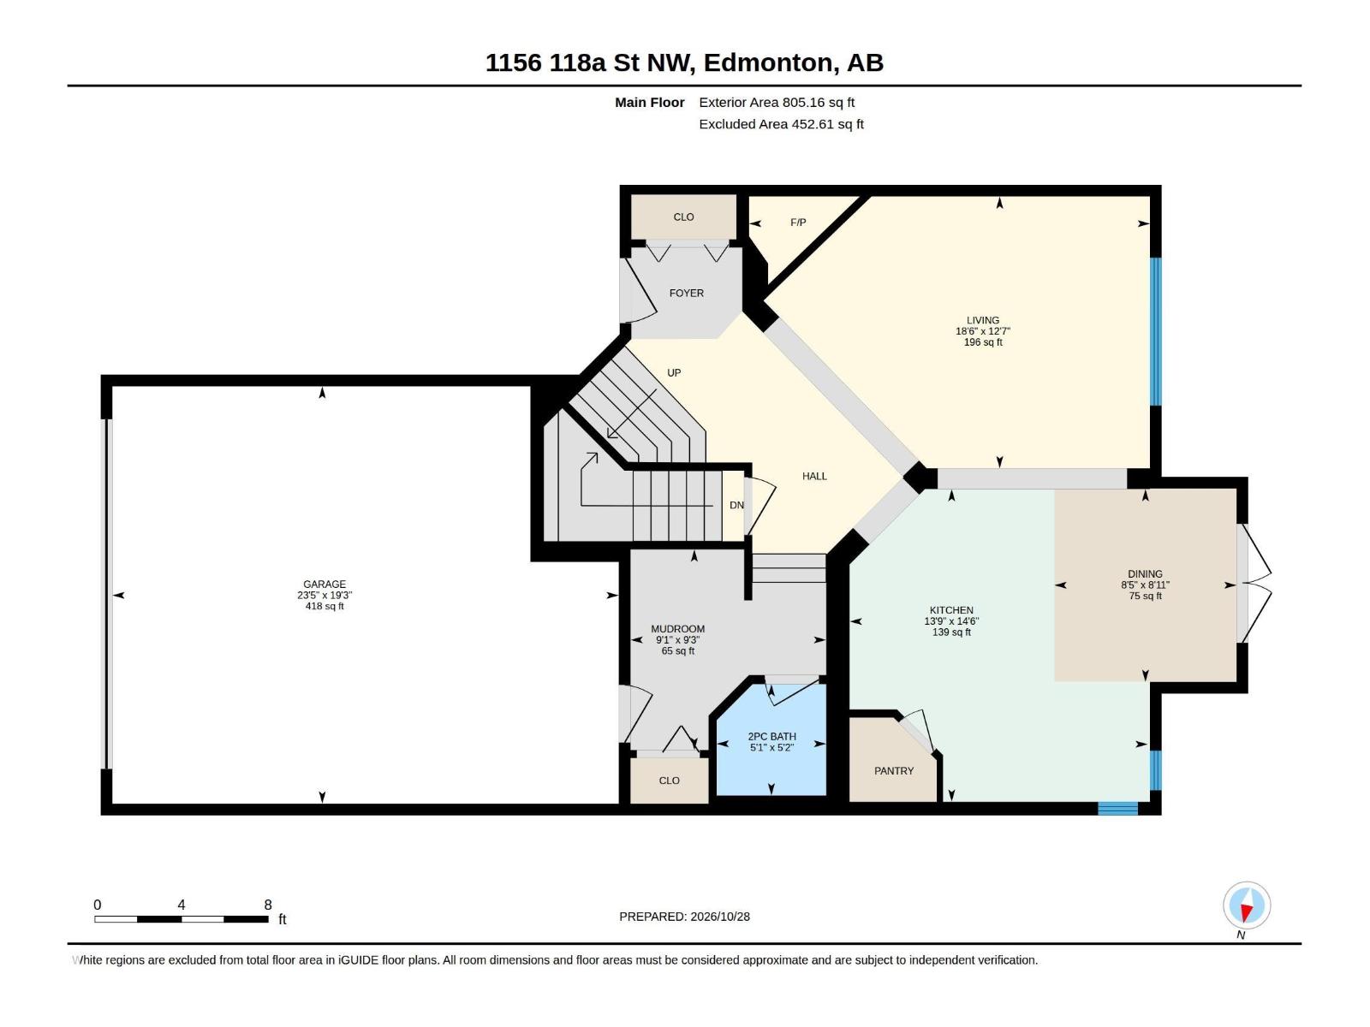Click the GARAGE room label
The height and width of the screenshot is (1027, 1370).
pyautogui.click(x=324, y=585)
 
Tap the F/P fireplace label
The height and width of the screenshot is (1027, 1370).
pyautogui.click(x=798, y=223)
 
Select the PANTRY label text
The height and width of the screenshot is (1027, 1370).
pyautogui.click(x=894, y=771)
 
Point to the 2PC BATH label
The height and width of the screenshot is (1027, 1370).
pyautogui.click(x=772, y=736)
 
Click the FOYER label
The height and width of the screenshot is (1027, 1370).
pyautogui.click(x=686, y=293)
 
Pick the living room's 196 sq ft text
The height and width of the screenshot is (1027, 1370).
pyautogui.click(x=983, y=342)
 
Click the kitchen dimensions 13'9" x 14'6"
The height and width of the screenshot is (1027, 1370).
pyautogui.click(x=951, y=621)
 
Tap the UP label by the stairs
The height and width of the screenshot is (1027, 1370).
pyautogui.click(x=674, y=373)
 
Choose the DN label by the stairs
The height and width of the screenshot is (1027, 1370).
pyautogui.click(x=736, y=505)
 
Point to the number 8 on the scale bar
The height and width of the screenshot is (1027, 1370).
pyautogui.click(x=268, y=905)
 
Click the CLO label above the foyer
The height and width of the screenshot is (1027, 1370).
pyautogui.click(x=683, y=217)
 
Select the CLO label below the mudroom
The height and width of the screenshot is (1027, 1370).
pyautogui.click(x=669, y=781)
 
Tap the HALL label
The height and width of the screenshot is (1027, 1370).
pyautogui.click(x=814, y=477)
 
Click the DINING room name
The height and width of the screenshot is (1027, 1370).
pyautogui.click(x=1145, y=573)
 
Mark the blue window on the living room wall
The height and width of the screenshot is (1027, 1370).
pyautogui.click(x=1155, y=332)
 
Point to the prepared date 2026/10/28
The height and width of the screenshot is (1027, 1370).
pyautogui.click(x=719, y=917)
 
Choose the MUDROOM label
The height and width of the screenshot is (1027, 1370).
pyautogui.click(x=677, y=629)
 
